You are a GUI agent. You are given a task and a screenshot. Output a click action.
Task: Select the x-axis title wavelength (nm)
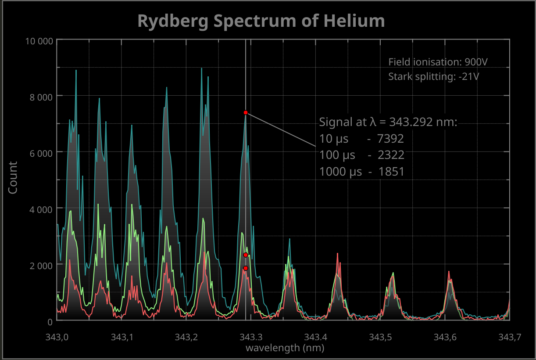(x=285, y=348)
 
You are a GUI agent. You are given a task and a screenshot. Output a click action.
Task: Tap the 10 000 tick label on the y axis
(x=39, y=41)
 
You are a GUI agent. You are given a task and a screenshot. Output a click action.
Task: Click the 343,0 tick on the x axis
(x=57, y=337)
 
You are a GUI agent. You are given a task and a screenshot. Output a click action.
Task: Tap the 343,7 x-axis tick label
(x=510, y=337)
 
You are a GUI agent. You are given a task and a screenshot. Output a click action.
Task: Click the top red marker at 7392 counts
(x=246, y=112)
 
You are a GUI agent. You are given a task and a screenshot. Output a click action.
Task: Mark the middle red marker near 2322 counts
(x=246, y=255)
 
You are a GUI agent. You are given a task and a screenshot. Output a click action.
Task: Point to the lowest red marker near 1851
(x=246, y=268)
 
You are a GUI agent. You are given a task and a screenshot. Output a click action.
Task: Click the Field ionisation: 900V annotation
(x=438, y=62)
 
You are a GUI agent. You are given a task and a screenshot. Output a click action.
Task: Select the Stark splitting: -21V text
(x=433, y=77)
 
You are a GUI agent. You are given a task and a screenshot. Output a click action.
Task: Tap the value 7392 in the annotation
(x=390, y=139)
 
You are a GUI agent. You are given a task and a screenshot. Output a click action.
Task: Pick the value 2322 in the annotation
(x=390, y=155)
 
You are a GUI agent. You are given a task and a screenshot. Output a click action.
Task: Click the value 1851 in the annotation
(x=390, y=171)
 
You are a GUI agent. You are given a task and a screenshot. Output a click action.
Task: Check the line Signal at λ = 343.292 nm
(x=388, y=122)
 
